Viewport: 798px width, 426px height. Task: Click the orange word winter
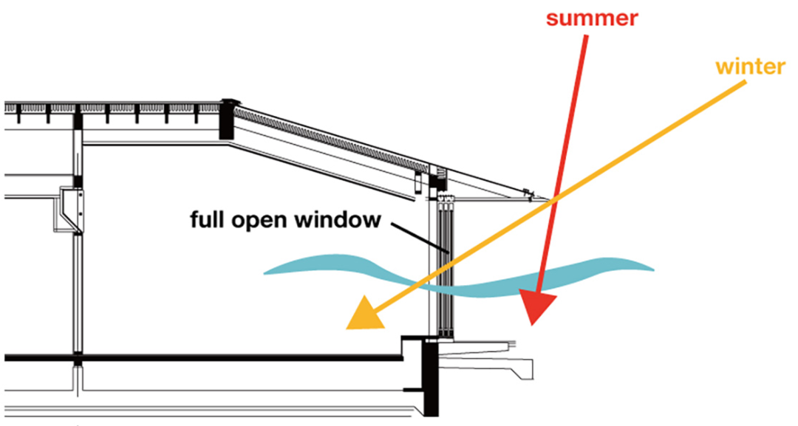click(750, 67)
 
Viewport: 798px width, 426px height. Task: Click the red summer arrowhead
click(541, 306)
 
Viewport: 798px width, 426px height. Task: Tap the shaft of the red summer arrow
click(569, 148)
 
